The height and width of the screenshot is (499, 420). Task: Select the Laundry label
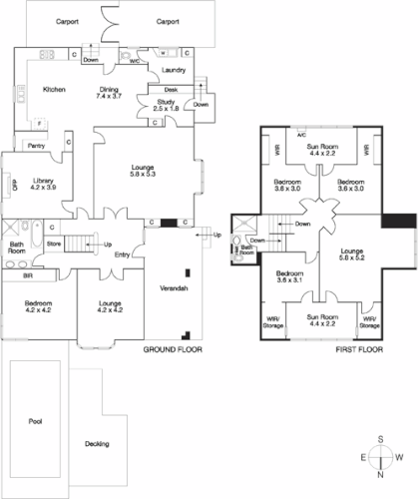(x=174, y=71)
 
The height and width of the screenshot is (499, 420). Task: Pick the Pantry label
(x=36, y=146)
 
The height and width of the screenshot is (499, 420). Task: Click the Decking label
(x=97, y=444)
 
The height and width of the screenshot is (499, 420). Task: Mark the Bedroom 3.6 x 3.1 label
(x=290, y=276)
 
